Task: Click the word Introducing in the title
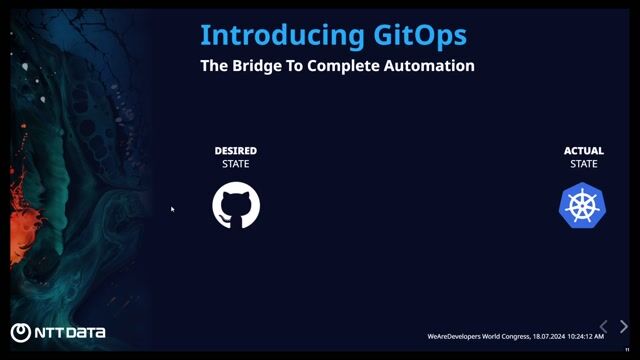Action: coord(279,35)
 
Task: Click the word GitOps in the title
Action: coord(417,35)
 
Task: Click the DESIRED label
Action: coord(236,151)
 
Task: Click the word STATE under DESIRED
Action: coord(236,164)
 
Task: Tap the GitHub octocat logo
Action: coord(236,205)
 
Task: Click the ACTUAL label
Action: coord(584,151)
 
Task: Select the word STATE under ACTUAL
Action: coord(584,164)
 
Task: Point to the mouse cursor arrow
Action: coord(173,209)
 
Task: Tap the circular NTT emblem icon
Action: coord(20,333)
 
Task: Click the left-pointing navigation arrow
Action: coord(603,327)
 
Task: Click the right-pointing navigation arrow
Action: coord(624,327)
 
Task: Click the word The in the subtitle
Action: coord(215,66)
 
